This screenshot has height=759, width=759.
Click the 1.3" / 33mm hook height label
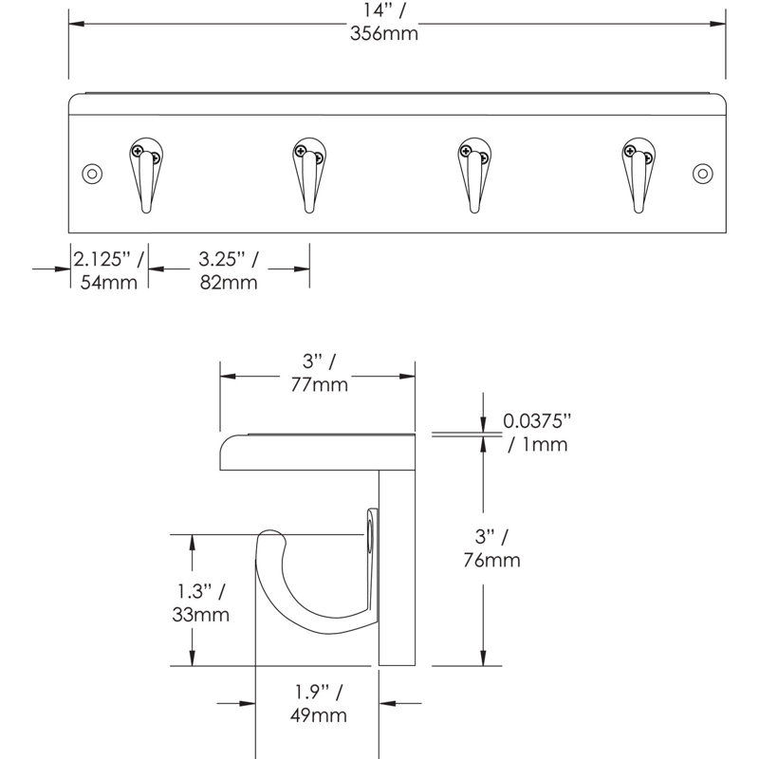point(202,604)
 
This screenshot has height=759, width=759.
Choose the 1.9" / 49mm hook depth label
point(318,704)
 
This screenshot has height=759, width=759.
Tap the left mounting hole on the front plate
point(92,174)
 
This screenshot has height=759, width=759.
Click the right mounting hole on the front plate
point(702,174)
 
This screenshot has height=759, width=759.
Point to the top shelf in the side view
point(318,451)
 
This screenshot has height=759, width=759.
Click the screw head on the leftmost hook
point(139,150)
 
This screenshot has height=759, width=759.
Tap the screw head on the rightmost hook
point(630,150)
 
